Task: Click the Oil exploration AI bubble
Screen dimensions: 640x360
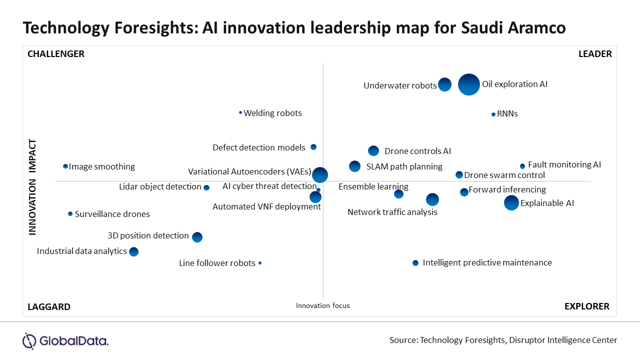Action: coord(469,84)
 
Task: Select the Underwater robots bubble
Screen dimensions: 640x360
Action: coord(445,84)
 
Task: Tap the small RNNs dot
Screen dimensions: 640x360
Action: coord(493,114)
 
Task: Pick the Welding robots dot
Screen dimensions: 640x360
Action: coord(240,112)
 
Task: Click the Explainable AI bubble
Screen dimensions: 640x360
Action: coord(511,203)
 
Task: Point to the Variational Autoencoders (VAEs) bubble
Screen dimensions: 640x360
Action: coord(320,175)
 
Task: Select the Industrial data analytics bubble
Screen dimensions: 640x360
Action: coord(133,251)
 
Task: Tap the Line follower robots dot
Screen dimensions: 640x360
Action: coord(260,263)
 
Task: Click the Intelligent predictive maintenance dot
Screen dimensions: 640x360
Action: coord(415,263)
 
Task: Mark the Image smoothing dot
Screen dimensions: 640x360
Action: coord(65,166)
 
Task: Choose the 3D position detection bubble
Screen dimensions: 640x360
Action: coord(197,237)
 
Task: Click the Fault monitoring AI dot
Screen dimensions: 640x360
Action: coord(522,166)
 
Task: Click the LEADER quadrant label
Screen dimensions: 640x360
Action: coord(595,54)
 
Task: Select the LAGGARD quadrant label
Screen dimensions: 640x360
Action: coord(49,307)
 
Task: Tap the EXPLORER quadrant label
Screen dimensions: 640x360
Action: coord(587,306)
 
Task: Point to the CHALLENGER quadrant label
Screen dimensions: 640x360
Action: coord(56,54)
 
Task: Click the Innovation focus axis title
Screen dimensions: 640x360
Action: coord(323,305)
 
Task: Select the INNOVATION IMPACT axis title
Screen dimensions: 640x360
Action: coord(32,187)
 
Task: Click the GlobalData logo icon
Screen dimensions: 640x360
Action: coord(29,341)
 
